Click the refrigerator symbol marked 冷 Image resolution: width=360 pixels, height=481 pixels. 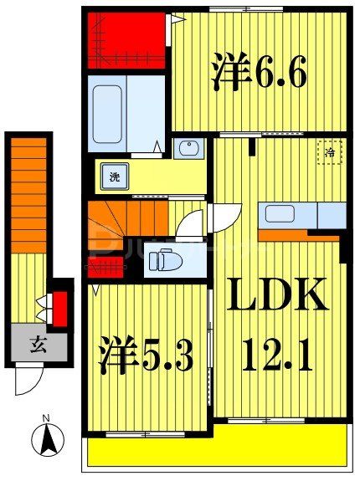pyautogui.click(x=329, y=153)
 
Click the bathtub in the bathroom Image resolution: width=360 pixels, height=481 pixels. pyautogui.click(x=110, y=113)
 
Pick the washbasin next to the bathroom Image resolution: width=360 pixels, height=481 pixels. pyautogui.click(x=188, y=150)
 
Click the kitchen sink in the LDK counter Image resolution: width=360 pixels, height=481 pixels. pyautogui.click(x=279, y=213)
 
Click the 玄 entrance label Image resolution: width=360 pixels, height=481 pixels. pyautogui.click(x=37, y=341)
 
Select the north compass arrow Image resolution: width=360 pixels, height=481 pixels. pyautogui.click(x=47, y=439)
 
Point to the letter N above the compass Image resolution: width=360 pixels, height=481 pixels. pyautogui.click(x=47, y=418)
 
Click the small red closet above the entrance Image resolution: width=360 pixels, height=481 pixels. pyautogui.click(x=59, y=308)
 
